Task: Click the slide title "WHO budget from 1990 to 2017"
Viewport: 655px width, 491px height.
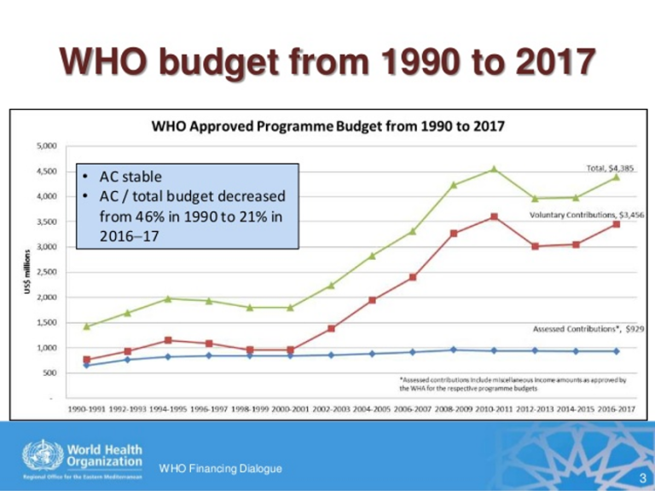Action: click(x=327, y=63)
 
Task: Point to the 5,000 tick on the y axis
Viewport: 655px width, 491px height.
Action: click(x=46, y=146)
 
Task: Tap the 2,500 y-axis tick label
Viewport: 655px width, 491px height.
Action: click(x=46, y=272)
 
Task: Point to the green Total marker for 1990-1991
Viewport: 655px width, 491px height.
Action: click(x=86, y=326)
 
